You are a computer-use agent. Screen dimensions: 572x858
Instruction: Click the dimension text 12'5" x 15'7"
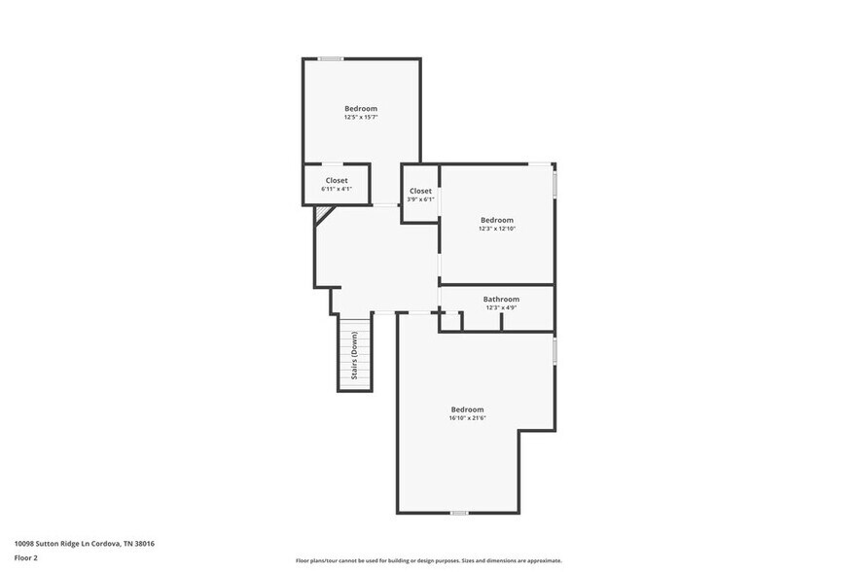pos(360,117)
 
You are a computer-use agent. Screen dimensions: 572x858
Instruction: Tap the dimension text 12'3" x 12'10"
pos(496,229)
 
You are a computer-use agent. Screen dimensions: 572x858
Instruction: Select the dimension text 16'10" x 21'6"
pos(467,418)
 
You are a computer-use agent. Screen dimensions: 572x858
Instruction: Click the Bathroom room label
pos(501,299)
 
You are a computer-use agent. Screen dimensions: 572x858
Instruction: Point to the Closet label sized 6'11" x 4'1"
pos(337,180)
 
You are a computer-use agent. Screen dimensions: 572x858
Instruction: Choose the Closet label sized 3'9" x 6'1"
pos(420,191)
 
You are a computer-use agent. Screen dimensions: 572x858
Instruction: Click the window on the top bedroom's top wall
pos(331,59)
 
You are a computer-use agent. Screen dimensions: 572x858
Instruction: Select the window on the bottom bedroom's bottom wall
pos(459,512)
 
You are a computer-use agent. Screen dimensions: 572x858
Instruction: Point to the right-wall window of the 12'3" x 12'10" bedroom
pos(554,184)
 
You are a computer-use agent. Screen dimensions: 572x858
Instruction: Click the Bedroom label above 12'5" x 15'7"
pos(360,108)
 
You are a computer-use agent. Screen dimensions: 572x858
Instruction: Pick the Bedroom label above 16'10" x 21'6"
pos(467,410)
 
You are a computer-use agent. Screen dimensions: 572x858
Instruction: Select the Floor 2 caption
pos(26,557)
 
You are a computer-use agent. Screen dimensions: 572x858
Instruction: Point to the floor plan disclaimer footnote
pos(429,560)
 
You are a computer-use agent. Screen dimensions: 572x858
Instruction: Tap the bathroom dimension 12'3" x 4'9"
pos(501,307)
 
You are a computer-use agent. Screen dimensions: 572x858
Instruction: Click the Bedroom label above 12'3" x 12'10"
pos(496,220)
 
